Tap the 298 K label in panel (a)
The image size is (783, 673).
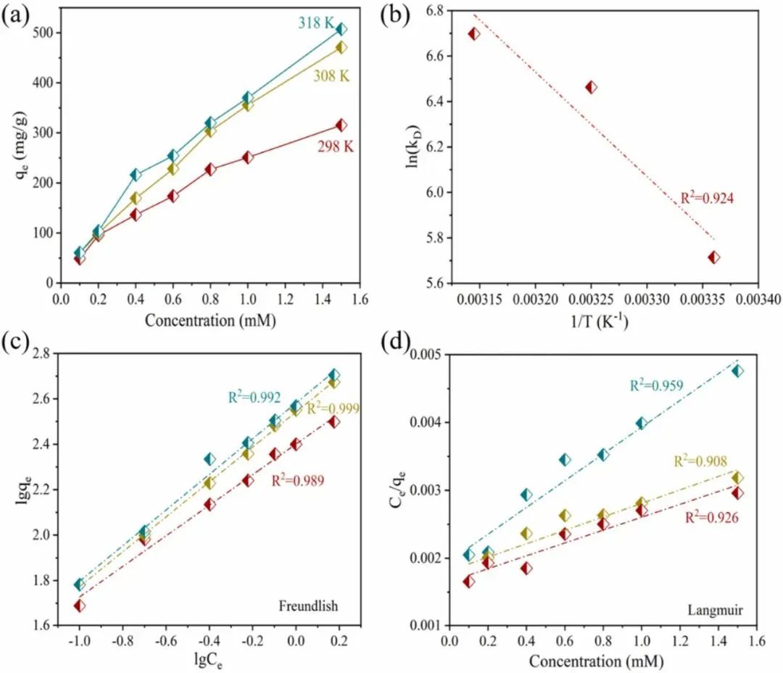coord(337,146)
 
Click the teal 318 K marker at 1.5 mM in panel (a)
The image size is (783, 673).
coord(341,29)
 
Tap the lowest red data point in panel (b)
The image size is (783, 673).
coord(714,257)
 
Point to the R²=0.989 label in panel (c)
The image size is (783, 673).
coord(297,479)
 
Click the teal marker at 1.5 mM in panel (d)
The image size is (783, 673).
coord(737,371)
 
